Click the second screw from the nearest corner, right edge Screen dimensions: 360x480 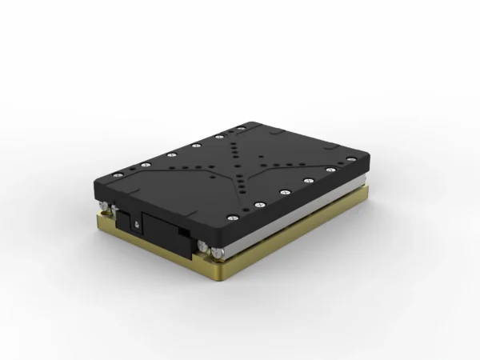(260, 204)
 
